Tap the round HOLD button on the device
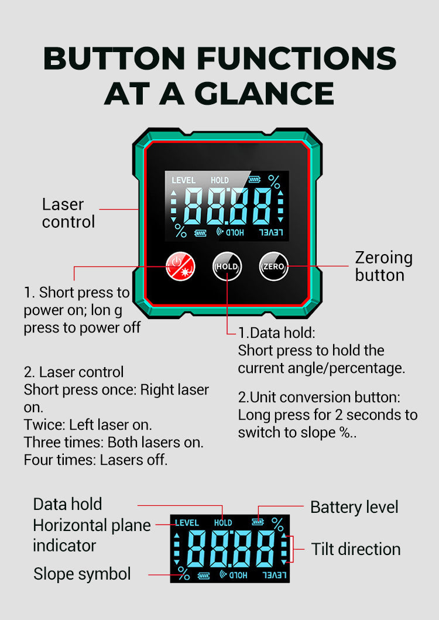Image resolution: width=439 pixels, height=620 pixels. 227,266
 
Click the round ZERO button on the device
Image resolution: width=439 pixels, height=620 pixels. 274,266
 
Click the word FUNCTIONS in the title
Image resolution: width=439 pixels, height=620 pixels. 297,59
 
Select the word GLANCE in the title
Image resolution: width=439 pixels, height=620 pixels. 264,94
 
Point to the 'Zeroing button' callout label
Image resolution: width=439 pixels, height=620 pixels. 383,266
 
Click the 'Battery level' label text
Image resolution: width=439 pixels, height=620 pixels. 354,508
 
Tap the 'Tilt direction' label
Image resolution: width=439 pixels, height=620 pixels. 355,549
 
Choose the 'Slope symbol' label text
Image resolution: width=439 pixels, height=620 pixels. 82,574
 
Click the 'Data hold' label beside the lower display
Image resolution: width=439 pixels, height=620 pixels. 68,504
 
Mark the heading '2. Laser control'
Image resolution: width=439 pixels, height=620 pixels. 74,372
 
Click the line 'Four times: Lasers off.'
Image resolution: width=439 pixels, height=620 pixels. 96,460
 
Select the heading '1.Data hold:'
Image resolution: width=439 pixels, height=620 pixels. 276,333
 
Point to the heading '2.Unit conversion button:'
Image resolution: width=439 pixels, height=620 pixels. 319,397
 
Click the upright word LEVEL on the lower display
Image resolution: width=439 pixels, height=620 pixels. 187,523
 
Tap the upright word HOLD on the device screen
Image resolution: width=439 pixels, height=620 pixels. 220,180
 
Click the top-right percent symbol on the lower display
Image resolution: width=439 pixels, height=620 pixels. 277,525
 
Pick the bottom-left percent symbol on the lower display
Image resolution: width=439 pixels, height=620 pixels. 184,573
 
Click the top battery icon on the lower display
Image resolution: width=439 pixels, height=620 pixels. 258,522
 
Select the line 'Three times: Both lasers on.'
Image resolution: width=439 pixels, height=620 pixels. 114,442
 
